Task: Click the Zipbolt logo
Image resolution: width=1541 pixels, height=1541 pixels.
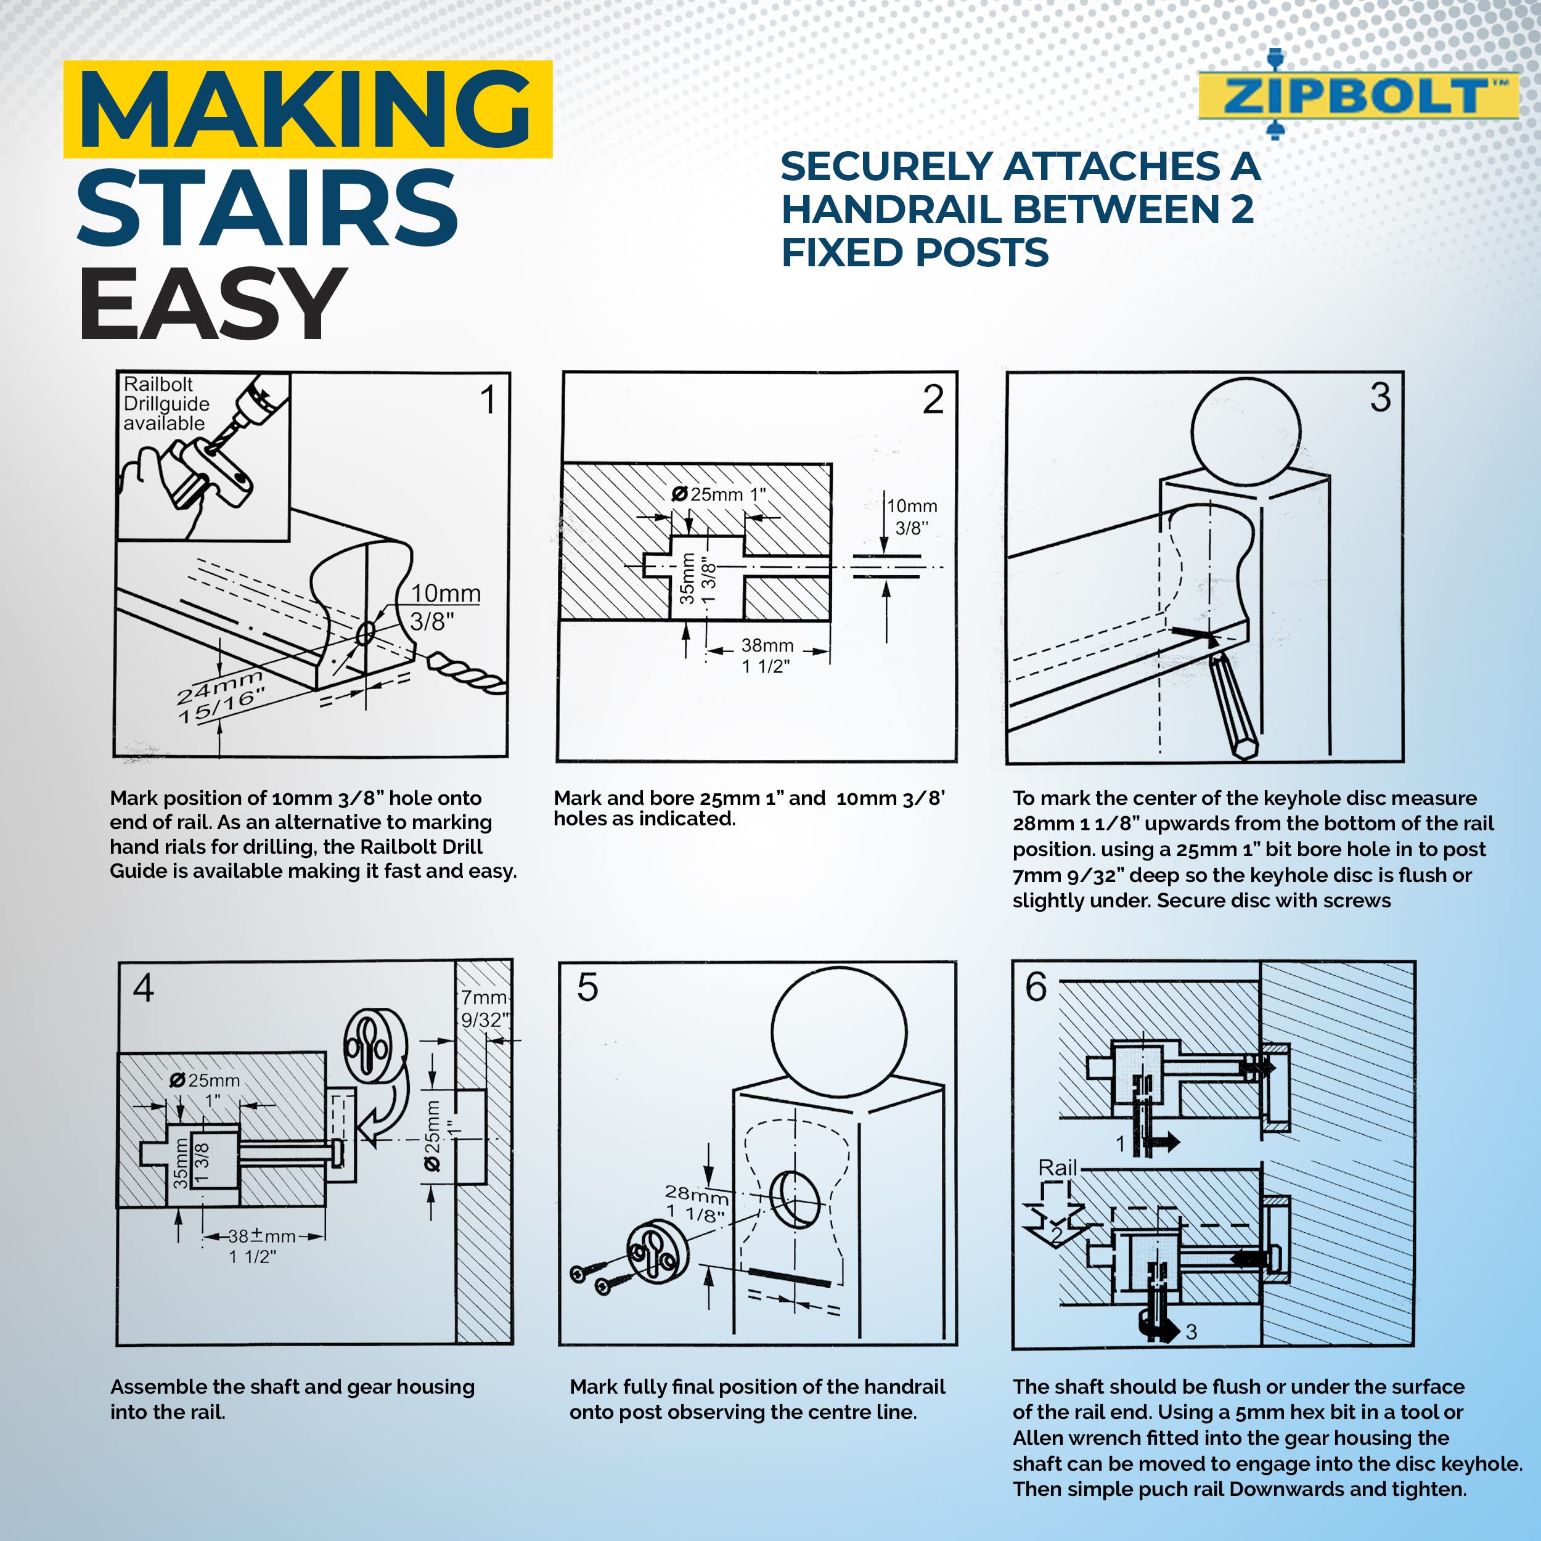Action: pos(1356,96)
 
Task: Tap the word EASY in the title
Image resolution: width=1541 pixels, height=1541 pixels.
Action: pos(212,304)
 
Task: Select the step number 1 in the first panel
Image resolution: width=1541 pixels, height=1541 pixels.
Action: pos(488,399)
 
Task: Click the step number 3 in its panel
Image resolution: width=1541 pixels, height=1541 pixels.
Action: pos(1381,397)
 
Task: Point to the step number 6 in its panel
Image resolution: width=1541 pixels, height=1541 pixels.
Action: pos(1036,987)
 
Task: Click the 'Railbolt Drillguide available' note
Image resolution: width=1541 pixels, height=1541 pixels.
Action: pos(166,404)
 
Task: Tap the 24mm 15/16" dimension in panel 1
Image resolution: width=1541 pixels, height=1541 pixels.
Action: pos(220,695)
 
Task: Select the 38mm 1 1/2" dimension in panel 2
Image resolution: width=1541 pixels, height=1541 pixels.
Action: pos(767,655)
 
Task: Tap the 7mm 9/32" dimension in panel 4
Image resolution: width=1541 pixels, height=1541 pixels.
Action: pos(484,1008)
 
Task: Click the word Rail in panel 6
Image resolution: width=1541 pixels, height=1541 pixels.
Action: pos(1057,1167)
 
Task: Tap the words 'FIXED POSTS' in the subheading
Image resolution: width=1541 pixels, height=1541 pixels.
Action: pos(914,253)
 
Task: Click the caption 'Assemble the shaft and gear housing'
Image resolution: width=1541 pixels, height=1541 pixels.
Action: pos(292,1386)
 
